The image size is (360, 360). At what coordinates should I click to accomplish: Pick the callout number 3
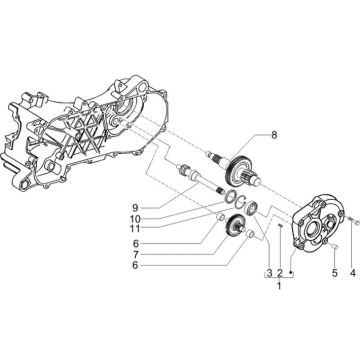click(x=269, y=273)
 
